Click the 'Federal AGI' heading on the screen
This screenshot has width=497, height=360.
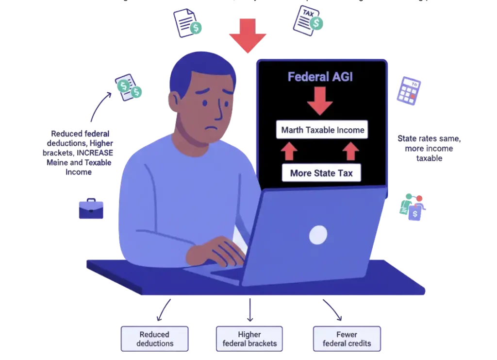click(320, 77)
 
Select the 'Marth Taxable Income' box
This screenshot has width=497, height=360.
click(322, 130)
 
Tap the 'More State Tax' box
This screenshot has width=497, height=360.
click(321, 173)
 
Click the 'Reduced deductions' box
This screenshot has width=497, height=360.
click(154, 339)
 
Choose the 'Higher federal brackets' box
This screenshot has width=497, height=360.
click(249, 339)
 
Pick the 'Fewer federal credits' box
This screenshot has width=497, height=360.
click(347, 339)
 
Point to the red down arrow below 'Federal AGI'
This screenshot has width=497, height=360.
click(320, 101)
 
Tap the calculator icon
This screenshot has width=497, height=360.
click(409, 90)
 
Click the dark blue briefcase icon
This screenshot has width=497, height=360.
click(91, 209)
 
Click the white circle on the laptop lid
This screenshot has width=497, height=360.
click(318, 235)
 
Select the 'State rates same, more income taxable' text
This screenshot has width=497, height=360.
click(429, 148)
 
